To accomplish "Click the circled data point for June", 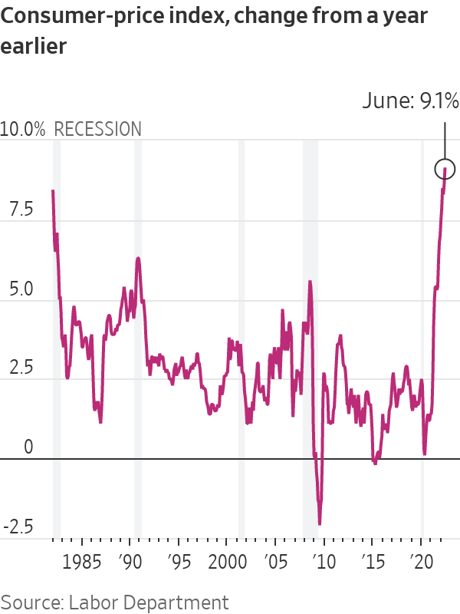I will coord(445,168).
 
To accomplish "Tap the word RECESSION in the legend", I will coord(97,129).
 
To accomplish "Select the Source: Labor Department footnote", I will coord(114,602).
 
